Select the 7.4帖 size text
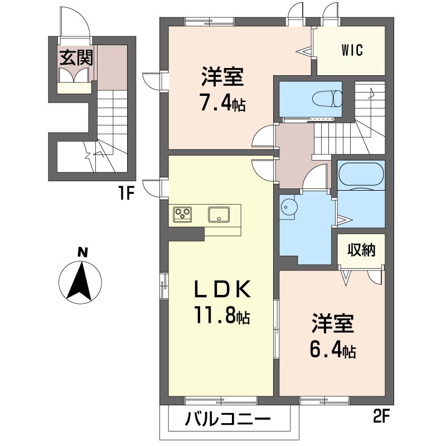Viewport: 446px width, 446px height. (222, 104)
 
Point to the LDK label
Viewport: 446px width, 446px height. (221, 290)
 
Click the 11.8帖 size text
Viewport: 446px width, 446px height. (221, 317)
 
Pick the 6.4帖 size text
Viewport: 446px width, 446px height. (333, 351)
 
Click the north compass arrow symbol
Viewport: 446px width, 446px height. (81, 281)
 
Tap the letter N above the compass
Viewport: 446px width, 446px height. (82, 252)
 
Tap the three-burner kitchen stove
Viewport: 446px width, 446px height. (183, 213)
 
